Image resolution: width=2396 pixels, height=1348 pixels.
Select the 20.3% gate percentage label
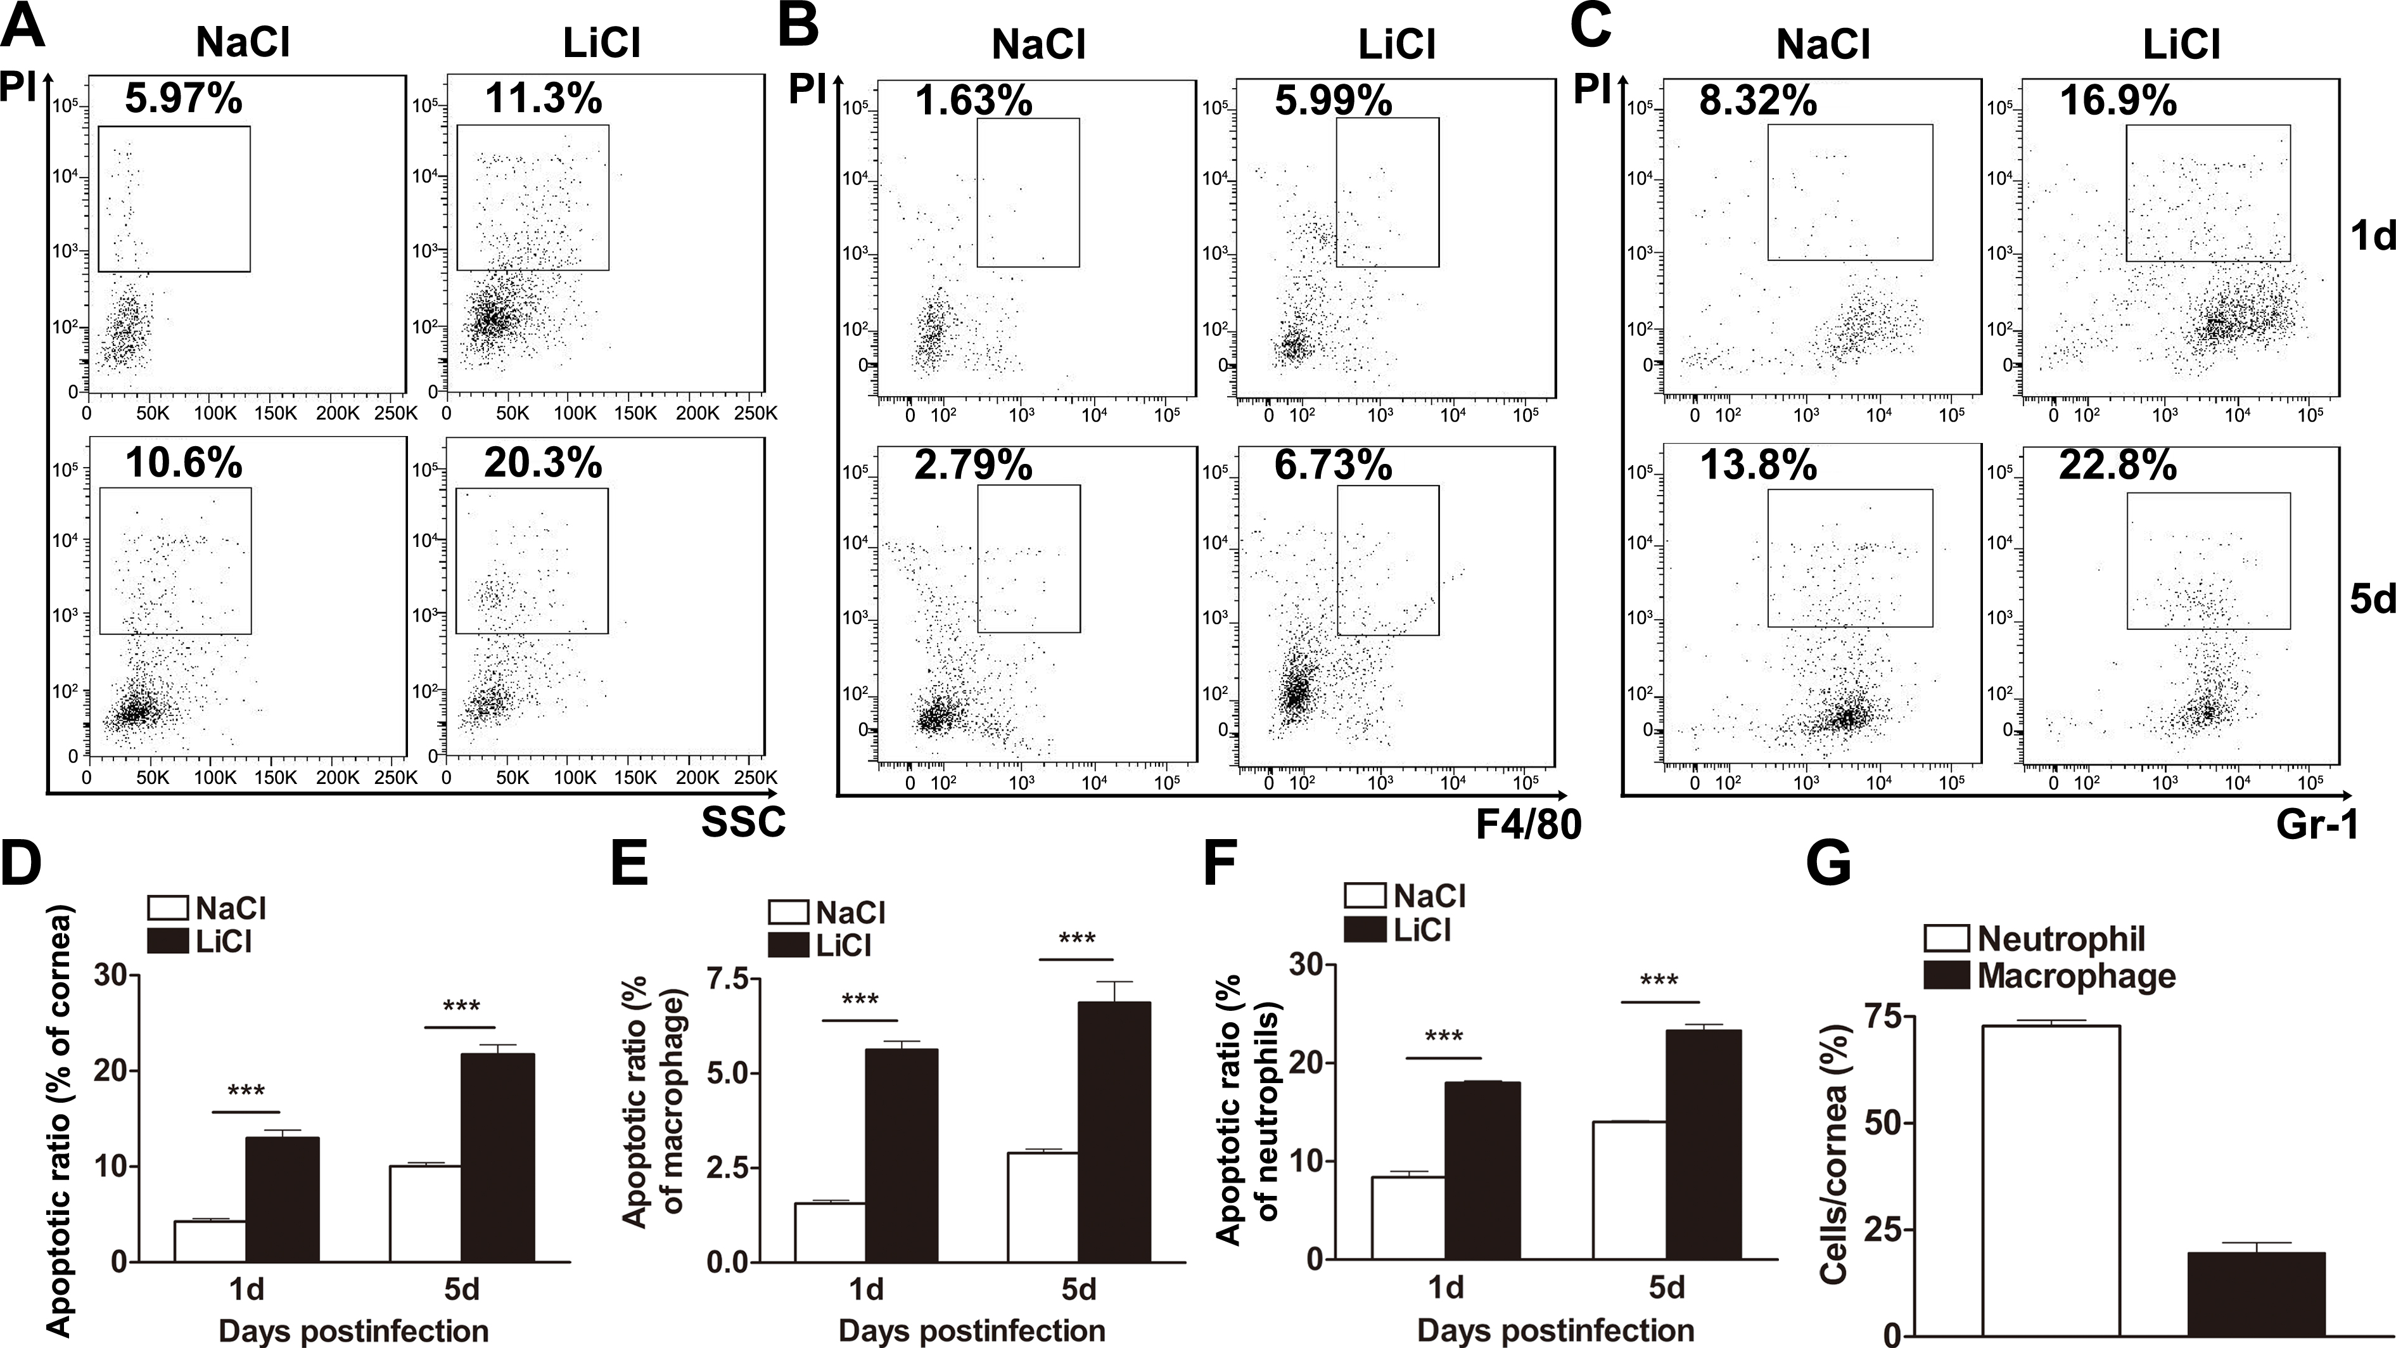click(x=542, y=463)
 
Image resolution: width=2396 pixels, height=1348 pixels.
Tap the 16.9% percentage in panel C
click(x=2118, y=101)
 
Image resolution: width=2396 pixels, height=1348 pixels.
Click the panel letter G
click(x=1828, y=863)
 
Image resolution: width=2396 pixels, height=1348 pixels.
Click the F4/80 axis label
click(x=1528, y=825)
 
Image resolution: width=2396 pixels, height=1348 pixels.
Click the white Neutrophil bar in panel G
click(x=2051, y=1181)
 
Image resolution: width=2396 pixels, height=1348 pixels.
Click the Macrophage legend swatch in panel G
click(x=1947, y=975)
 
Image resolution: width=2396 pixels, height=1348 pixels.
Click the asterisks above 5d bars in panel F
click(x=1659, y=980)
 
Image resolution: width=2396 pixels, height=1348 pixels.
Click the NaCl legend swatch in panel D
click(x=169, y=908)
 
